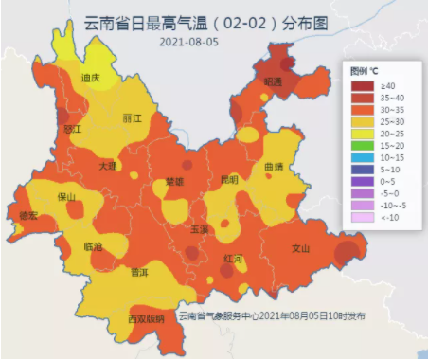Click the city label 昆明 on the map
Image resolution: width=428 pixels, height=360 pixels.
point(229,179)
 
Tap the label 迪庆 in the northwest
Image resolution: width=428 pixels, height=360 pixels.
point(90,78)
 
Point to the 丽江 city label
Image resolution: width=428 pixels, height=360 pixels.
point(132,119)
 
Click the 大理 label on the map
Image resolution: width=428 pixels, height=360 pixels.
point(108,166)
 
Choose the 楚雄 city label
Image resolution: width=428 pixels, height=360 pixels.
point(175,181)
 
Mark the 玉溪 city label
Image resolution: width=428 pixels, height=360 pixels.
point(199,229)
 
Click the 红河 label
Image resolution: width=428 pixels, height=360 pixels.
point(234,258)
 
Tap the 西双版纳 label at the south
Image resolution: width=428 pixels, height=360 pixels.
point(146,319)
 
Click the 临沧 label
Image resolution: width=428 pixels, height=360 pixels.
point(94,246)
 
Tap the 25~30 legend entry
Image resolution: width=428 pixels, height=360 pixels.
point(375,122)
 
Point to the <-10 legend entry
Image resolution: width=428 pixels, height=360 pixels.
point(375,217)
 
